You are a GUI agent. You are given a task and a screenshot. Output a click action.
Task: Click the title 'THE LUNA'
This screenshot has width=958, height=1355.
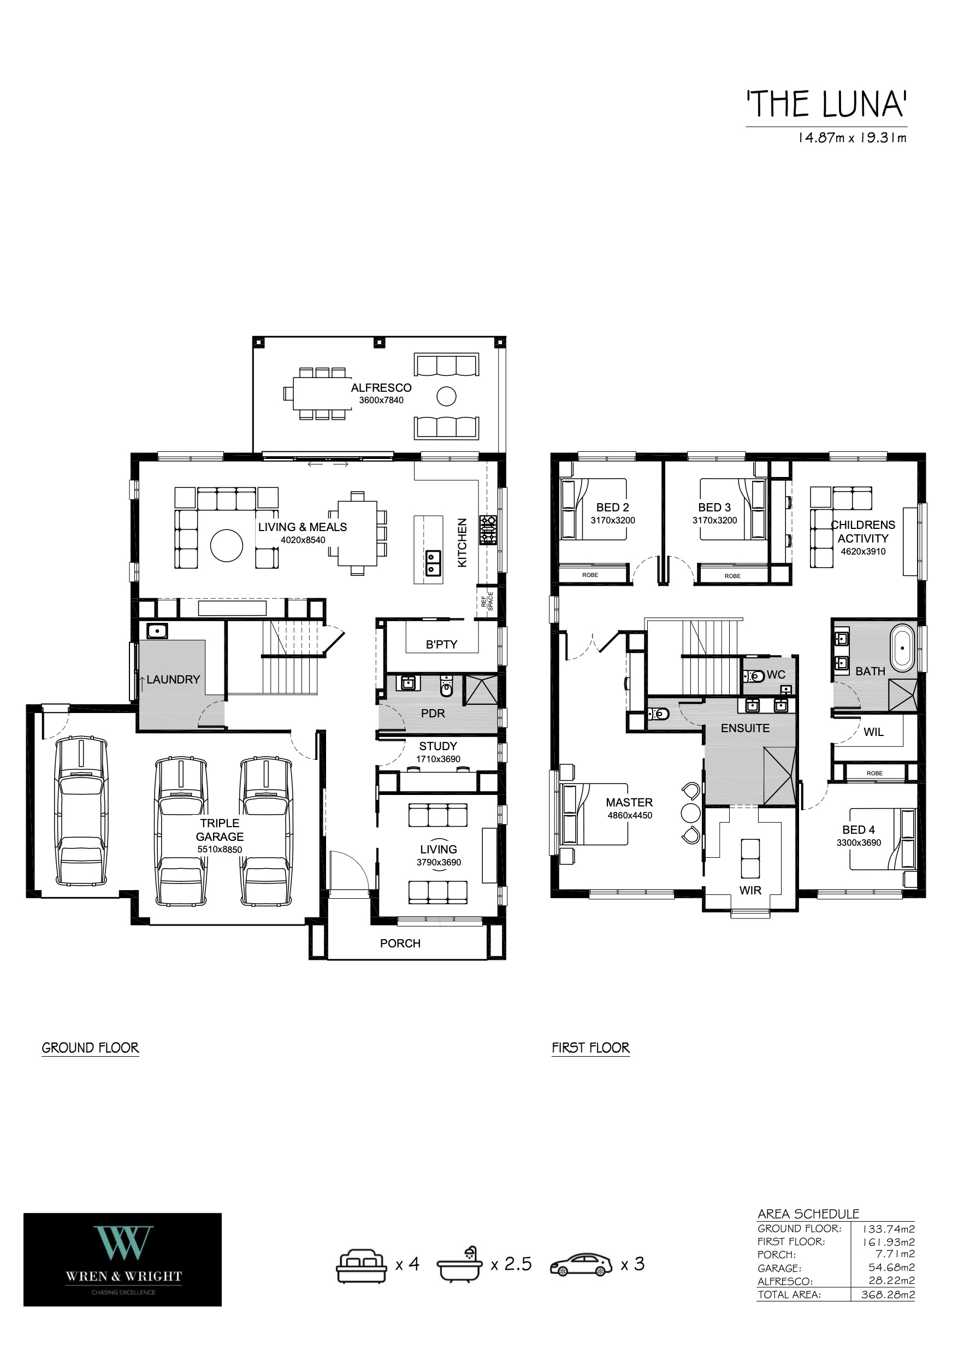pyautogui.click(x=826, y=104)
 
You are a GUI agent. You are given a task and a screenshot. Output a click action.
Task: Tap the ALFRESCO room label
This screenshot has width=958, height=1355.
pyautogui.click(x=381, y=388)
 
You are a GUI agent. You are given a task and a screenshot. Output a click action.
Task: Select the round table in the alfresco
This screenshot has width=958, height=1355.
pyautogui.click(x=447, y=396)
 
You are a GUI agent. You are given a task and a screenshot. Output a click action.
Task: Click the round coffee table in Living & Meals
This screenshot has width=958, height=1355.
pyautogui.click(x=227, y=546)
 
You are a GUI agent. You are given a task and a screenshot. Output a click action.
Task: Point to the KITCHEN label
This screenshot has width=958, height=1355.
pyautogui.click(x=463, y=543)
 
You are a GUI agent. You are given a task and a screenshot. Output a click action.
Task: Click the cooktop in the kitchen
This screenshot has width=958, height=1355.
pyautogui.click(x=488, y=530)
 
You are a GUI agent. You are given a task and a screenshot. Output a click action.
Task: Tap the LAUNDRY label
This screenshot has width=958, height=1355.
pyautogui.click(x=174, y=679)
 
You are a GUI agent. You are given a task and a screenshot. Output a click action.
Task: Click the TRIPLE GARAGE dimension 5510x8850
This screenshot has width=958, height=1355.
pyautogui.click(x=220, y=849)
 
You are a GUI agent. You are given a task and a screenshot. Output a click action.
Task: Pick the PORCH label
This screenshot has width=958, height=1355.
pyautogui.click(x=400, y=943)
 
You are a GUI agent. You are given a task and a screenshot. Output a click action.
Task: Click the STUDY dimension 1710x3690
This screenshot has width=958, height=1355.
pyautogui.click(x=438, y=759)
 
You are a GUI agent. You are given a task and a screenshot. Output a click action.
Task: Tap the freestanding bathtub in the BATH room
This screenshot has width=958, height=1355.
pyautogui.click(x=901, y=647)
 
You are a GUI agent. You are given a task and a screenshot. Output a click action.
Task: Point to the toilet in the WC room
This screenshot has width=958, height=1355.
pyautogui.click(x=754, y=675)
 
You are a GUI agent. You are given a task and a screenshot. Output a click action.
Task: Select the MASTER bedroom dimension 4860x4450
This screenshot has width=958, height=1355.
pyautogui.click(x=630, y=815)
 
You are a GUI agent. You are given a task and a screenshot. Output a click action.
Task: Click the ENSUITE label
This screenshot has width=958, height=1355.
pyautogui.click(x=745, y=728)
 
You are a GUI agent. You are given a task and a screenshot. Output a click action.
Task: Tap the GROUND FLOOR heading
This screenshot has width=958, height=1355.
pyautogui.click(x=90, y=1047)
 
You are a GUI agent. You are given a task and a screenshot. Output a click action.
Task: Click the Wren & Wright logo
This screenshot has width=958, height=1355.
pyautogui.click(x=123, y=1260)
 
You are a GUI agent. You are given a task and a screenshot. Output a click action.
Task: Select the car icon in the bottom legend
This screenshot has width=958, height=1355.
pyautogui.click(x=581, y=1265)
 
